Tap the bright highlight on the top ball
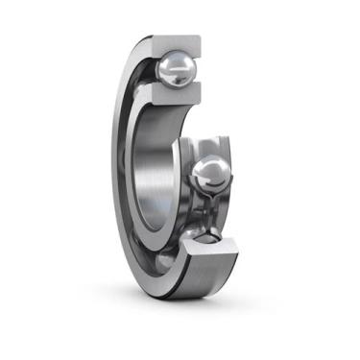click(x=171, y=60)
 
